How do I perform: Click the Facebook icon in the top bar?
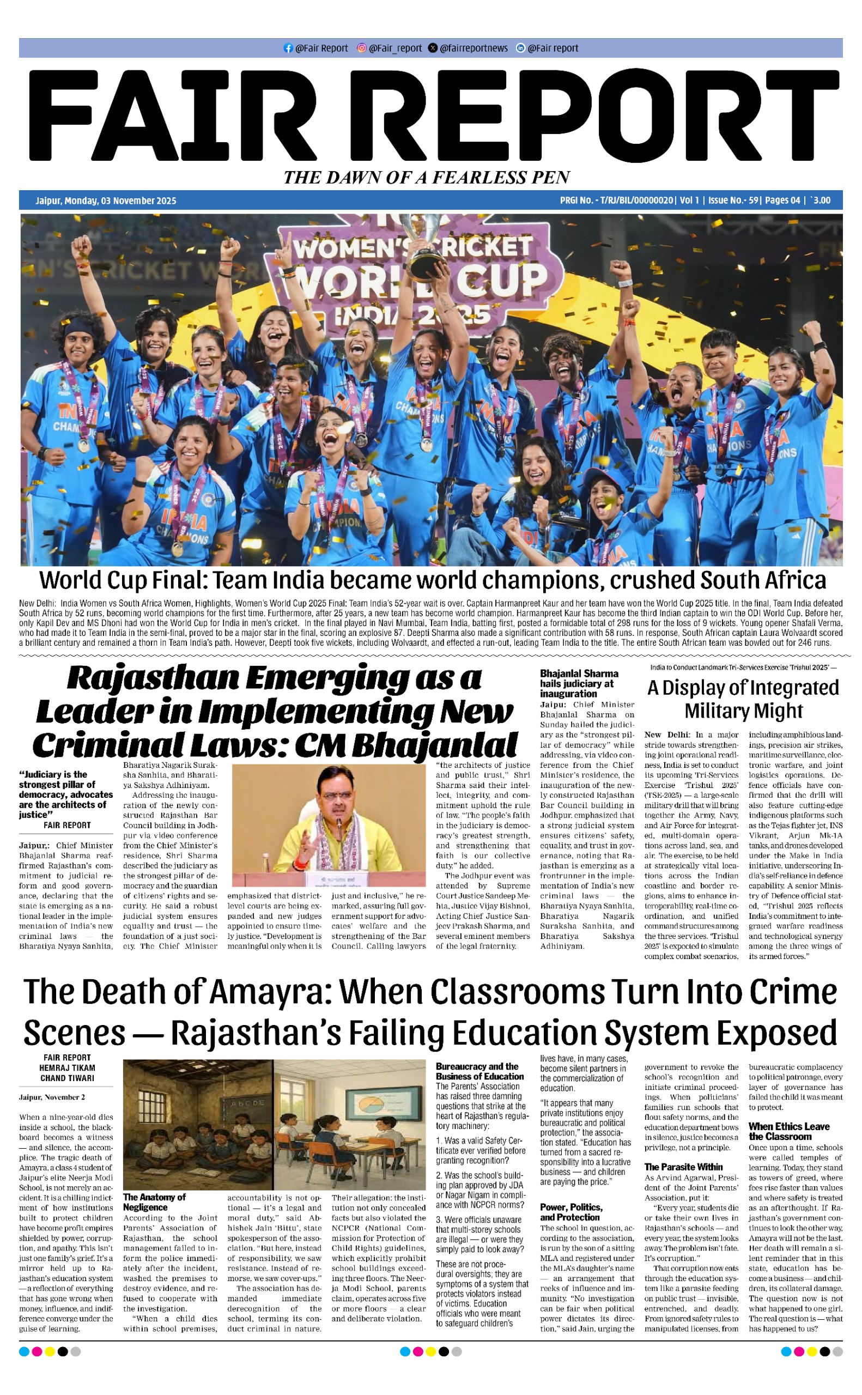point(288,48)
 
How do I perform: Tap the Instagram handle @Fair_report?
point(395,48)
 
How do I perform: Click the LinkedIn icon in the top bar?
point(520,48)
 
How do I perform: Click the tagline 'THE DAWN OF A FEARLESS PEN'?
point(427,177)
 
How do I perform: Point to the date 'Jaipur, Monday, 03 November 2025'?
point(106,201)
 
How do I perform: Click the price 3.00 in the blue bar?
point(822,200)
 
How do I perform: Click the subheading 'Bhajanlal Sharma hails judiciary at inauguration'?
point(579,683)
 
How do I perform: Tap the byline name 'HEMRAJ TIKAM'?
point(67,1068)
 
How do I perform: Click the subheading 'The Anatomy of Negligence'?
point(154,1202)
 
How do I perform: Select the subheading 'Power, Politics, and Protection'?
point(570,1212)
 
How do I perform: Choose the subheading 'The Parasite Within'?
point(683,1167)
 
